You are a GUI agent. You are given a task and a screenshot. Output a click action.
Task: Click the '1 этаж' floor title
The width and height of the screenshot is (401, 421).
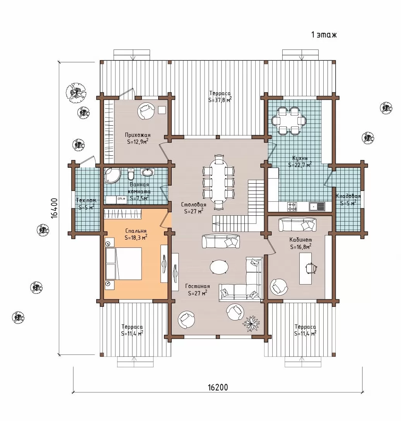324,35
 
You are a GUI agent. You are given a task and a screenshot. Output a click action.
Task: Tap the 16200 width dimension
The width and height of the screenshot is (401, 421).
218,387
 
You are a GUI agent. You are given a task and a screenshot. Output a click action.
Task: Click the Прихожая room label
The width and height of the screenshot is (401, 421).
138,135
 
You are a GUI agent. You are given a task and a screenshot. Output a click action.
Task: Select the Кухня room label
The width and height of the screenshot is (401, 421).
300,158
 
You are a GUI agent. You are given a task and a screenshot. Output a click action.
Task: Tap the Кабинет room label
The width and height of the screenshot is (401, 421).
300,240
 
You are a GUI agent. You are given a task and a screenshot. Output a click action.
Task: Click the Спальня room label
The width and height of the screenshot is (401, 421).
136,231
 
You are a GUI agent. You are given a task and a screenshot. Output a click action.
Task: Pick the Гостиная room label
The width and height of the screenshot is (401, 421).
198,286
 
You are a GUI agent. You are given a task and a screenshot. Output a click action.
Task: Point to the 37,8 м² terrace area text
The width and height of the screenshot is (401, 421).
220,100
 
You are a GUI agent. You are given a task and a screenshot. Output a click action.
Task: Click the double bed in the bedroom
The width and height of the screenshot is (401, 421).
124,264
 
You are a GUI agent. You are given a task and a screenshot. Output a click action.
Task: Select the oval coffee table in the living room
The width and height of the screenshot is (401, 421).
219,267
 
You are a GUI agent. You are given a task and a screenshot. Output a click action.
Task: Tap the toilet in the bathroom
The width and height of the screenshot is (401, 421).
131,174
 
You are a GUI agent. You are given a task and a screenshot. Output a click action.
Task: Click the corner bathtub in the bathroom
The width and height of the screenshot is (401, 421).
113,176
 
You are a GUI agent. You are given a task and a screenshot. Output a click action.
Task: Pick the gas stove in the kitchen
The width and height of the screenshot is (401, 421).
292,206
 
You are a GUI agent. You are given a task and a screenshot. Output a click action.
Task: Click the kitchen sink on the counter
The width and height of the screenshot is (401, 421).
317,206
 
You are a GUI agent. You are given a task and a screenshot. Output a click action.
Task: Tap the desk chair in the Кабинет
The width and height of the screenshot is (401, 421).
311,268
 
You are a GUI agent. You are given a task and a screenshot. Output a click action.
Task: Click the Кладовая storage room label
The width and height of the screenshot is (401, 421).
348,196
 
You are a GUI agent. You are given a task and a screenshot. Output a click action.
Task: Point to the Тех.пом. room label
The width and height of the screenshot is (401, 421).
87,200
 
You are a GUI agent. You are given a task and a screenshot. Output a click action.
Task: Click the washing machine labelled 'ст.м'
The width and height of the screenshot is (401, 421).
121,199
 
